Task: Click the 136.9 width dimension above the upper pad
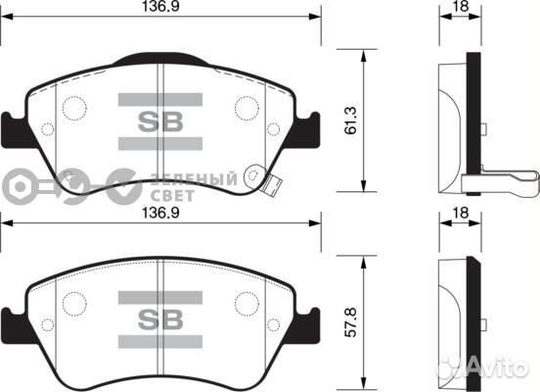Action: coord(161,7)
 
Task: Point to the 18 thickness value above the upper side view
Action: coord(461,7)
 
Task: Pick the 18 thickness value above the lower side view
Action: coord(461,213)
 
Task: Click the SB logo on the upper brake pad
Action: coord(159,122)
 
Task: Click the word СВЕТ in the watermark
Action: coord(172,195)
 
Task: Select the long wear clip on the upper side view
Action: coord(499,180)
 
